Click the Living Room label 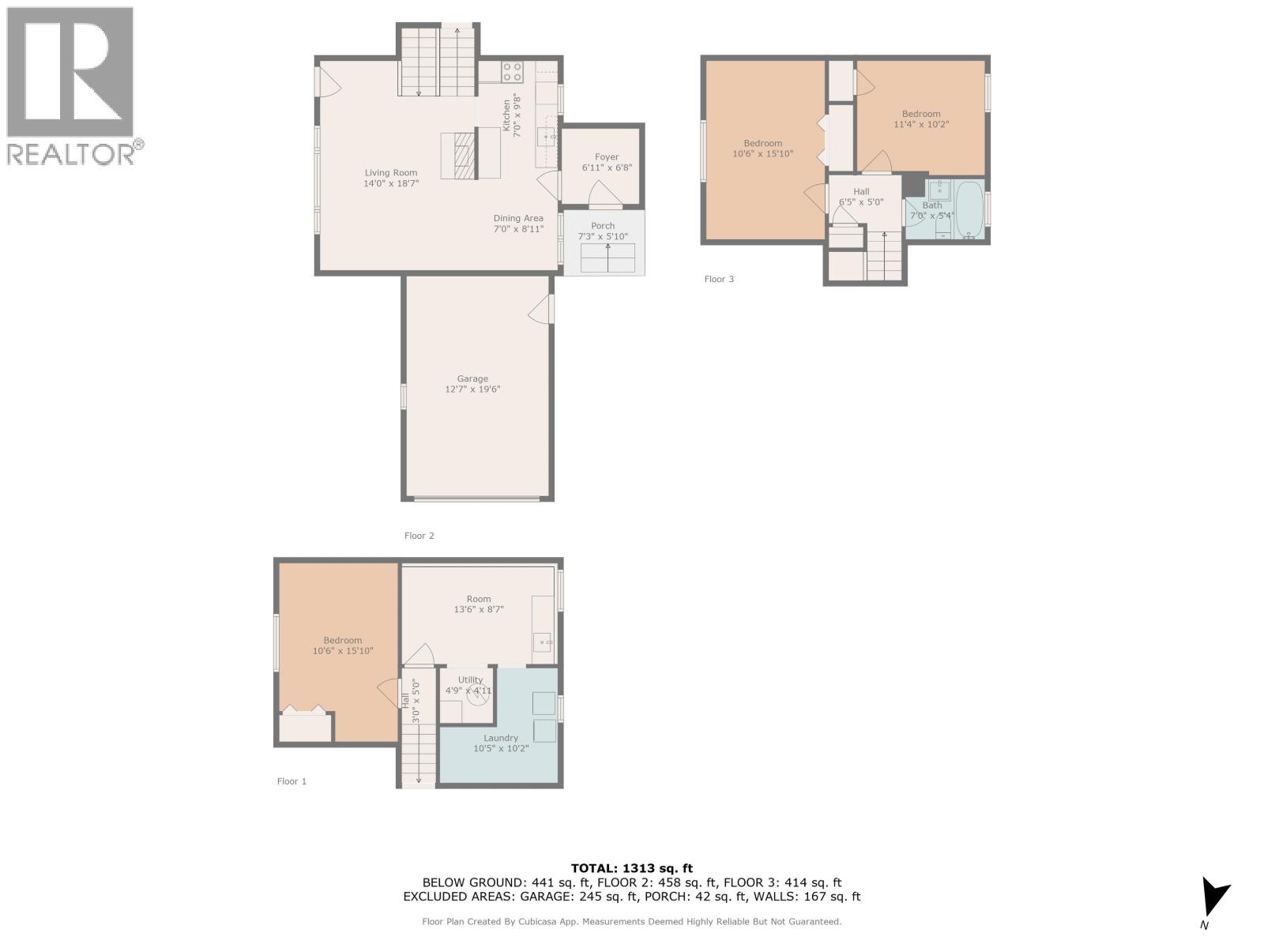point(391,173)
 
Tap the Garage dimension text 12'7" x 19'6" point(472,389)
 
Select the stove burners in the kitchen point(511,72)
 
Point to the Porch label point(603,226)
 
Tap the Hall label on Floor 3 point(861,192)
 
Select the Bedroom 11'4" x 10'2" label point(921,114)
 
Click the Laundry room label point(501,738)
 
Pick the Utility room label point(470,679)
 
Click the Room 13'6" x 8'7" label point(479,599)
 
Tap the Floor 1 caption point(292,781)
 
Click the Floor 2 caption point(419,536)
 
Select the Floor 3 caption point(719,279)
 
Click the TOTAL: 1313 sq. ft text point(631,868)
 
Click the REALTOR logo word point(71,153)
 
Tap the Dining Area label point(518,219)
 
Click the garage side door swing point(542,309)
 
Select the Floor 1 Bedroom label point(343,641)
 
